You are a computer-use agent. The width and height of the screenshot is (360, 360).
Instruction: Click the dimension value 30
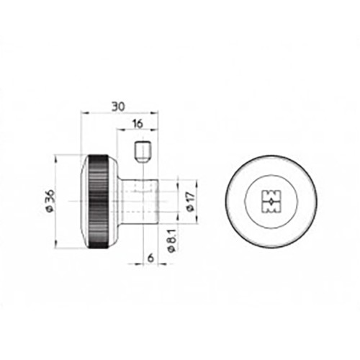pyautogui.click(x=118, y=107)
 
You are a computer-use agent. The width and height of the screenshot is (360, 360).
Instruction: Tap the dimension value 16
pyautogui.click(x=138, y=124)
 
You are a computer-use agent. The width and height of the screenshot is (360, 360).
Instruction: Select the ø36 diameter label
pyautogui.click(x=50, y=201)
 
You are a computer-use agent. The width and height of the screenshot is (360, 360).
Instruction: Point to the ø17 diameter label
pyautogui.click(x=191, y=202)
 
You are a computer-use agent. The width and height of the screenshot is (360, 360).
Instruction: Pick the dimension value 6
pyautogui.click(x=150, y=258)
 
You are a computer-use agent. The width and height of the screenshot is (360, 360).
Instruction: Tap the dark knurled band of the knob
pyautogui.click(x=99, y=202)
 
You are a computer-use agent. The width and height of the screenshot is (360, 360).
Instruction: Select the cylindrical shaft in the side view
pyautogui.click(x=139, y=201)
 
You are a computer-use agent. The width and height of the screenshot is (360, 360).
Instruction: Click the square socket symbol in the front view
pyautogui.click(x=271, y=202)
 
